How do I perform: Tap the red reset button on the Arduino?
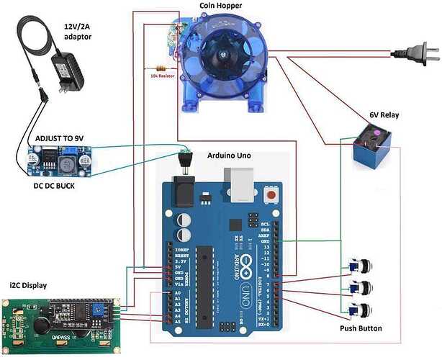point(272,195)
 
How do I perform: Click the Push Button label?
point(361,328)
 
